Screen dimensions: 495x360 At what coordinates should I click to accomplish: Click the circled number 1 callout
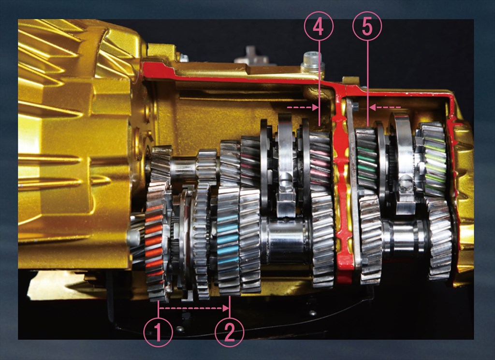pyautogui.click(x=158, y=332)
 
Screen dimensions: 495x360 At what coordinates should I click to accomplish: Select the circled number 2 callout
pyautogui.click(x=230, y=332)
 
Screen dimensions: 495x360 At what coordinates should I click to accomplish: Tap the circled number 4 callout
pyautogui.click(x=319, y=27)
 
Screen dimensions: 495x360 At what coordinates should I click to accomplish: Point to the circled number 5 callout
pyautogui.click(x=367, y=27)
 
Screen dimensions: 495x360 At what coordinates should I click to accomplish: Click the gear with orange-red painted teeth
pyautogui.click(x=155, y=241)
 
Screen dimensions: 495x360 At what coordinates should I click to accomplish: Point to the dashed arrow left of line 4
pyautogui.click(x=303, y=107)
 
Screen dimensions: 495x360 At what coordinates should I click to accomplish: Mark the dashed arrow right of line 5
pyautogui.click(x=385, y=107)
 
